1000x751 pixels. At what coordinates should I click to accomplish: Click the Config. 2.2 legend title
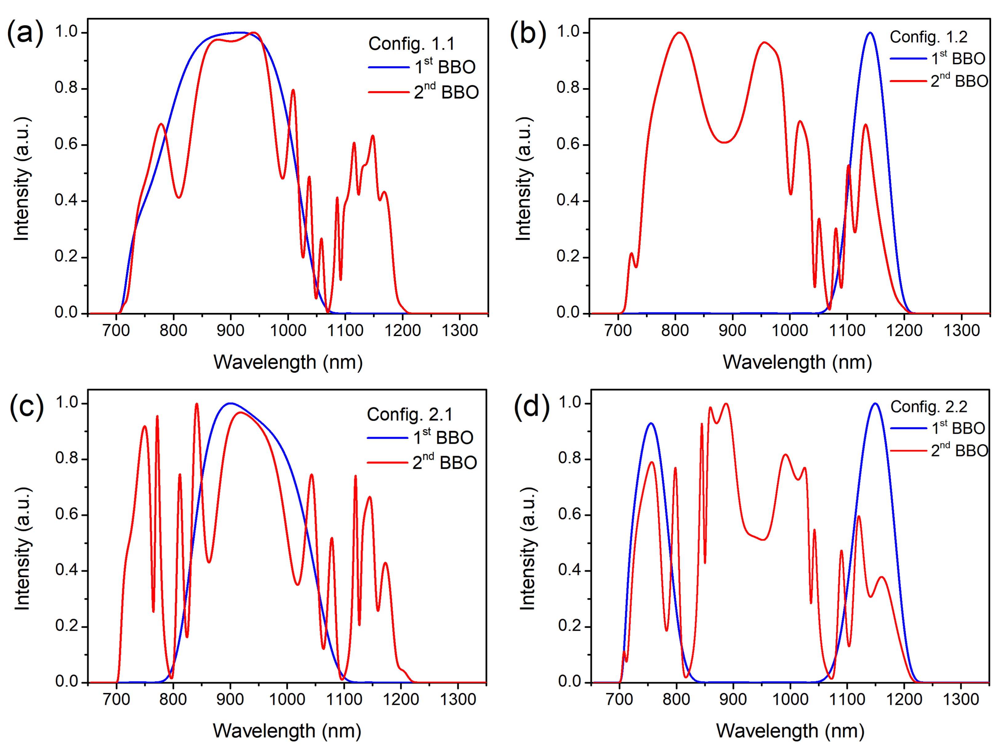(929, 407)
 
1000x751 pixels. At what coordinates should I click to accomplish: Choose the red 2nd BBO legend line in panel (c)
(388, 463)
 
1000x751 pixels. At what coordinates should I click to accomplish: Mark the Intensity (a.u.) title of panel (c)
(22, 549)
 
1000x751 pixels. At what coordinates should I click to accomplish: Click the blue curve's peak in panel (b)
(870, 33)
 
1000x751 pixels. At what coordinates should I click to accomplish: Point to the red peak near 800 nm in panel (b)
(679, 33)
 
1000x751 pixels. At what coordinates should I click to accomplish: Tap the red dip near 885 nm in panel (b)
(725, 143)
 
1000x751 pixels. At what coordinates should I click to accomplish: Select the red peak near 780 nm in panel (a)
(161, 124)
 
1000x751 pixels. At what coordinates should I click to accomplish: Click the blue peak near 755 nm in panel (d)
(651, 424)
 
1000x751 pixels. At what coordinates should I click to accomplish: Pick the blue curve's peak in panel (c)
(230, 403)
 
